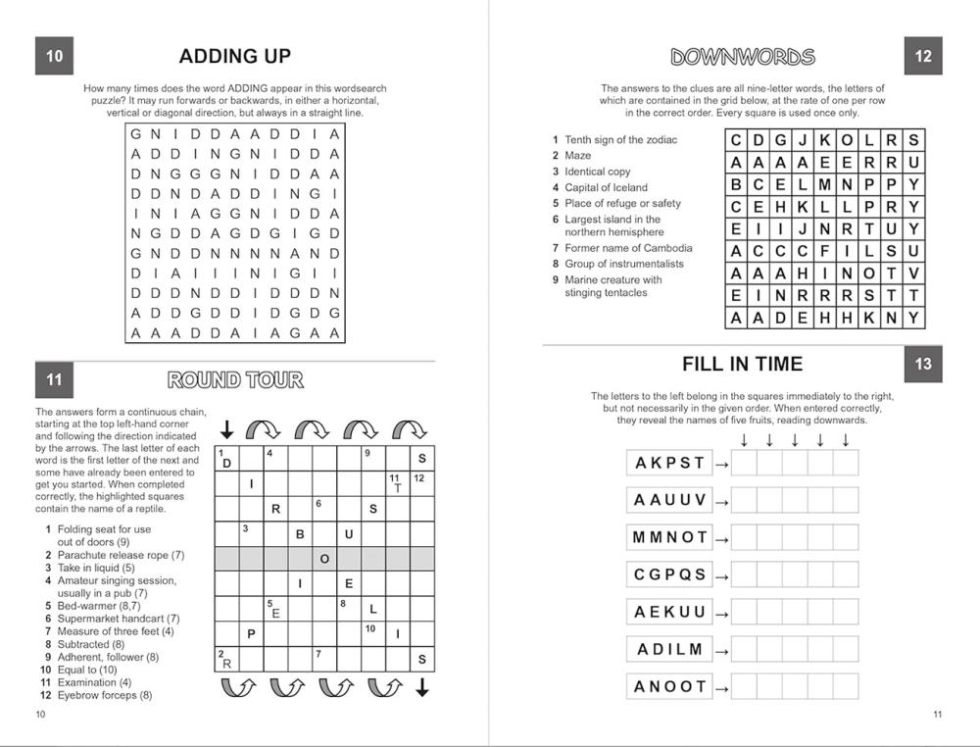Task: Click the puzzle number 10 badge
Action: (54, 56)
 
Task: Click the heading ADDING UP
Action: (234, 56)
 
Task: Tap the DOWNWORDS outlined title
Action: (743, 57)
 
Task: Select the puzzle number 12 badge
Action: (923, 56)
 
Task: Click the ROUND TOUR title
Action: (235, 379)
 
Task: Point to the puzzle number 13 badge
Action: (923, 364)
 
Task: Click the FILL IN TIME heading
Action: (742, 364)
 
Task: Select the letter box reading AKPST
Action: (669, 463)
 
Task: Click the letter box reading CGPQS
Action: (669, 574)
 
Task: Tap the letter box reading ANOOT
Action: (669, 686)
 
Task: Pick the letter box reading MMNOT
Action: (669, 537)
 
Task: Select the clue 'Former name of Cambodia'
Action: (628, 248)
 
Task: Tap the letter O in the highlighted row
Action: (324, 559)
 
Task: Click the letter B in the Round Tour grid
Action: (300, 534)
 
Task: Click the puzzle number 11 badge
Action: (54, 379)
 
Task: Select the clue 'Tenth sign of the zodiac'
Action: (620, 139)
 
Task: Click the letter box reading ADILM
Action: (669, 649)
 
